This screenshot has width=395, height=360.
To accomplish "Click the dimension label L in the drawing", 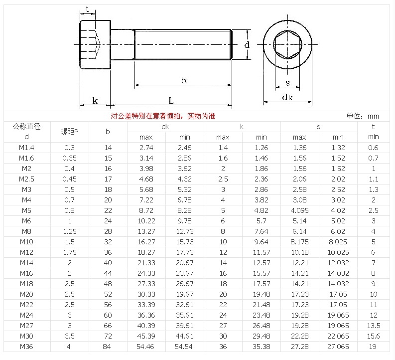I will pyautogui.click(x=171, y=100).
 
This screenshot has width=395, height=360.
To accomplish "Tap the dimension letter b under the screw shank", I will pyautogui.click(x=183, y=80).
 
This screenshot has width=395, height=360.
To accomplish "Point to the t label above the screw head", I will pyautogui.click(x=88, y=9).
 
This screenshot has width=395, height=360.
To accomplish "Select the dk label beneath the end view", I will pyautogui.click(x=287, y=98).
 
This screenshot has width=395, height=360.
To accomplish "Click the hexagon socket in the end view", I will pyautogui.click(x=287, y=44).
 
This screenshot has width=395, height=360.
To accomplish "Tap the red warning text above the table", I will pyautogui.click(x=163, y=116).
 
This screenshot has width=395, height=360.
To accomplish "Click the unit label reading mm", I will pyautogui.click(x=373, y=116).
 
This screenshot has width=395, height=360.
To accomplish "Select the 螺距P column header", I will pyautogui.click(x=69, y=132).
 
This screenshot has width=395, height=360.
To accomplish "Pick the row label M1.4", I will pyautogui.click(x=26, y=148).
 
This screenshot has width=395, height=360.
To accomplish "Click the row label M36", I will pyautogui.click(x=26, y=347).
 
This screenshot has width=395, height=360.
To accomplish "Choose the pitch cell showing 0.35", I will pyautogui.click(x=69, y=158).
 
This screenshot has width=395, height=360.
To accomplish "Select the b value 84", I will pyautogui.click(x=108, y=347).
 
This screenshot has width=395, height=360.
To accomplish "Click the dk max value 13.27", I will pyautogui.click(x=146, y=231).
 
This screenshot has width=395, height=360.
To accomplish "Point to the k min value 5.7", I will pyautogui.click(x=261, y=221).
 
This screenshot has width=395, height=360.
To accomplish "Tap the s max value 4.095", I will pyautogui.click(x=299, y=210).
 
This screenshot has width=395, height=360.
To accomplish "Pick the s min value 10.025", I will pyautogui.click(x=338, y=252).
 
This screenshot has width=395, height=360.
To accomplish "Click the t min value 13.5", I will pyautogui.click(x=373, y=326).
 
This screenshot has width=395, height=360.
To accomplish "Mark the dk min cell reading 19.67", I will pyautogui.click(x=185, y=294).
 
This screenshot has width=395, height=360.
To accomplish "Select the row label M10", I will pyautogui.click(x=26, y=242).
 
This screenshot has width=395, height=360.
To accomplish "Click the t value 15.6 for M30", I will pyautogui.click(x=373, y=336).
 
